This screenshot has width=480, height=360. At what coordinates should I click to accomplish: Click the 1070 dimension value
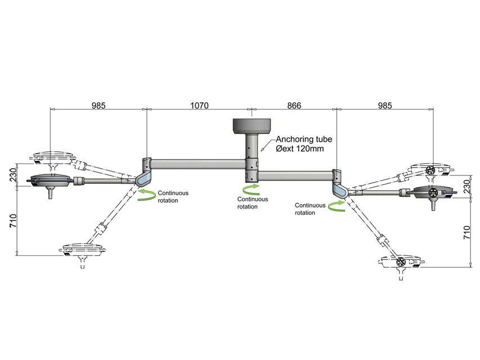(199, 106)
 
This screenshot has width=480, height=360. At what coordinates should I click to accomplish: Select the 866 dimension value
(294, 106)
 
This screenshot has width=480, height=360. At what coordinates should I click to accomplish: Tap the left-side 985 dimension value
(98, 106)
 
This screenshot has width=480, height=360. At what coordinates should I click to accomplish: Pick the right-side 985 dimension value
(385, 106)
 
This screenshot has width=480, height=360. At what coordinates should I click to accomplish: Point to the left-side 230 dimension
(13, 175)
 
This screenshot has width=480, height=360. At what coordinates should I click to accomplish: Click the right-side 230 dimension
(466, 186)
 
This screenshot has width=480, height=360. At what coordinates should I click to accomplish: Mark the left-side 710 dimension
(13, 220)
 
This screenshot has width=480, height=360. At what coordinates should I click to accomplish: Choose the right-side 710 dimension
(466, 233)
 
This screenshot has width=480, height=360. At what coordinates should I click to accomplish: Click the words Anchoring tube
(304, 139)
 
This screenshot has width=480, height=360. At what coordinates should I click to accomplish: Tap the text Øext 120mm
(300, 148)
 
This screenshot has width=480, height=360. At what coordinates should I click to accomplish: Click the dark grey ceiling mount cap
(252, 126)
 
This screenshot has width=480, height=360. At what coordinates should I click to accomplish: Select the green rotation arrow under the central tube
(251, 190)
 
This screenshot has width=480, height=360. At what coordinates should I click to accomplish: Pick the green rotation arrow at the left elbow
(146, 195)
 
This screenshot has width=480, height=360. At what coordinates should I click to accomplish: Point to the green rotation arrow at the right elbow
(337, 206)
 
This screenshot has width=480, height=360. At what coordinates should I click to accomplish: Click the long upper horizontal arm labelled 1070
(199, 164)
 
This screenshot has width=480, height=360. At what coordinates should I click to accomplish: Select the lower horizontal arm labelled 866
(296, 176)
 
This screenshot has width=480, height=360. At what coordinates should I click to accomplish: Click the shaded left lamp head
(51, 182)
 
